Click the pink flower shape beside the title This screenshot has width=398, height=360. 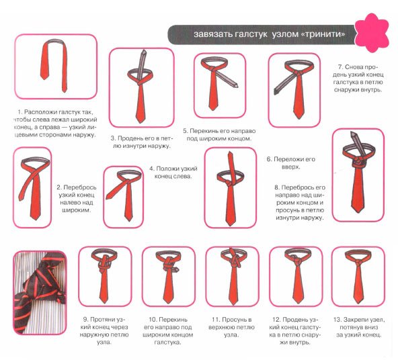(372, 33)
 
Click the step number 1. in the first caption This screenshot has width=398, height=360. (19, 112)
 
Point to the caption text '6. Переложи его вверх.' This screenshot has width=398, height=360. (291, 163)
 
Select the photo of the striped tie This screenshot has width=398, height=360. (40, 293)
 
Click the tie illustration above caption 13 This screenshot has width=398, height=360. (358, 276)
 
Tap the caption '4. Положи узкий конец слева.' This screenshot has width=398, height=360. (173, 173)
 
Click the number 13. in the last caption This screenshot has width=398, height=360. (338, 320)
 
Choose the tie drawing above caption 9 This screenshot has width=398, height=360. (104, 276)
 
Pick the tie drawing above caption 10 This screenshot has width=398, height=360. (168, 276)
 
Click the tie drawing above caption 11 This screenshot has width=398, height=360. (232, 276)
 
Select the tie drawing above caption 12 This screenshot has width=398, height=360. (298, 276)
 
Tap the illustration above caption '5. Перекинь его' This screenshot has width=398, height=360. (218, 84)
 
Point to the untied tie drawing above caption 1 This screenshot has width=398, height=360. (54, 65)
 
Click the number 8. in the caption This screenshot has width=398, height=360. (277, 187)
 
